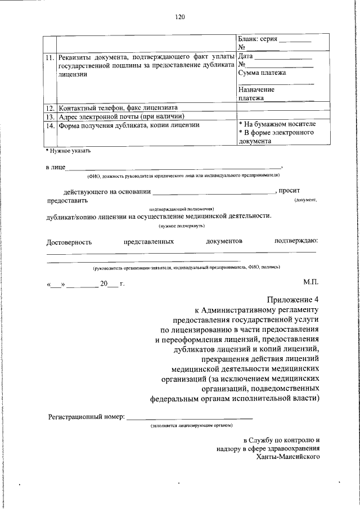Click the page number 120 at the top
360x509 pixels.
pos(179,17)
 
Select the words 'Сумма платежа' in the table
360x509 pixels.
pos(262,73)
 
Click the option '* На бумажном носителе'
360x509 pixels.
pos(277,124)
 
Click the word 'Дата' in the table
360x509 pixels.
pos(246,57)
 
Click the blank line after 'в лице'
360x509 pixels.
pos(174,168)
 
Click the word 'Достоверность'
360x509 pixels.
pos(69,241)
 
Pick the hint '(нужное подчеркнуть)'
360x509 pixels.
pos(181,226)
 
